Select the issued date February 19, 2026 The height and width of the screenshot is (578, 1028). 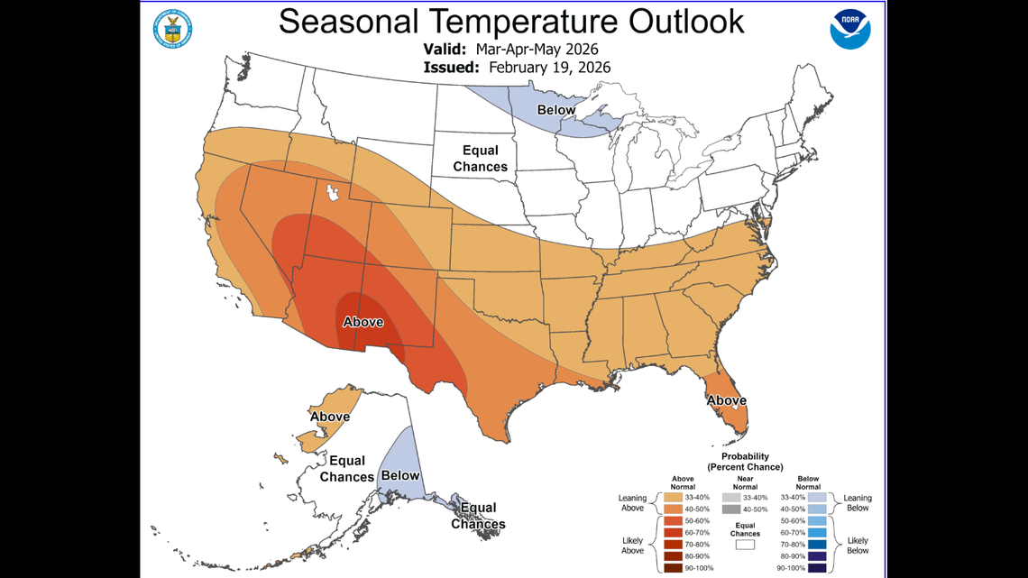[549, 67]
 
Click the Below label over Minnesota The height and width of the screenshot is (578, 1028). [556, 110]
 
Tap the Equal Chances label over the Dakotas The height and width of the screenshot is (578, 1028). [480, 159]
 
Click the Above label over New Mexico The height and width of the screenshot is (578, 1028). [363, 322]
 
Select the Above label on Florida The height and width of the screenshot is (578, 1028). [726, 400]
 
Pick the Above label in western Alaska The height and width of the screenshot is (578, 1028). [330, 417]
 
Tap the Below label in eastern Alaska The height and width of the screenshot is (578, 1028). [399, 474]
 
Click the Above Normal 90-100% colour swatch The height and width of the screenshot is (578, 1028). [674, 568]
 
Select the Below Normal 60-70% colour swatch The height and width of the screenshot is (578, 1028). [817, 533]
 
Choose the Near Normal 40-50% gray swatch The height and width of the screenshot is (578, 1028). [745, 509]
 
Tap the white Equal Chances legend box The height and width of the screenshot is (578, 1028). [745, 544]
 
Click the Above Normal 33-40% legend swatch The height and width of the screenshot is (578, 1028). [674, 498]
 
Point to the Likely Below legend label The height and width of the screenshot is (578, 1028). [858, 544]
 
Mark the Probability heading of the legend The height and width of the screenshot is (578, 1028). [745, 456]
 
